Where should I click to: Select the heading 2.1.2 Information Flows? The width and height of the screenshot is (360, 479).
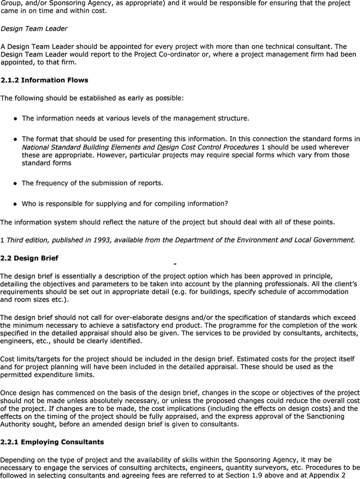click(x=44, y=80)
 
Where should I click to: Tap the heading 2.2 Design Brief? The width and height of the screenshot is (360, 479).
click(x=29, y=258)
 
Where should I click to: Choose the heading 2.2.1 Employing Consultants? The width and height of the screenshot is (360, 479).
click(x=52, y=442)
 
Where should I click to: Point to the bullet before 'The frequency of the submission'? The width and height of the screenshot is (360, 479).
click(x=15, y=183)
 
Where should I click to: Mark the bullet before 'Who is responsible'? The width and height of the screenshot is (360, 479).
click(x=15, y=204)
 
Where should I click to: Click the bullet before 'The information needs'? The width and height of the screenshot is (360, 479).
click(x=15, y=118)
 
